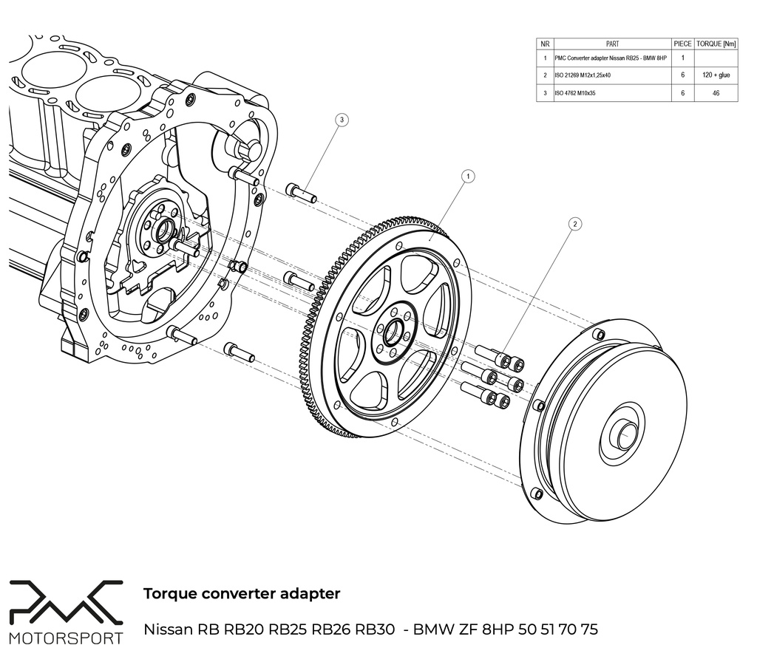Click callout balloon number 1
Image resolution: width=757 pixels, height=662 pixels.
tap(467, 176)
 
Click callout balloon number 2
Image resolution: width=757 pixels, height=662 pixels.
tap(574, 222)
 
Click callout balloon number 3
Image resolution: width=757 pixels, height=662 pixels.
tap(341, 119)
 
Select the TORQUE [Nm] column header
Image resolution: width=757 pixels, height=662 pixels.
tap(716, 44)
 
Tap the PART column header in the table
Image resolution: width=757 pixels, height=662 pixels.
tap(612, 44)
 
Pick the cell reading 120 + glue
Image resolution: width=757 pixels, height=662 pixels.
tap(716, 75)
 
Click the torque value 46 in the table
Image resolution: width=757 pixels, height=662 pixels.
tap(716, 94)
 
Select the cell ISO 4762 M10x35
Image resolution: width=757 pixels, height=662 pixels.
tap(580, 94)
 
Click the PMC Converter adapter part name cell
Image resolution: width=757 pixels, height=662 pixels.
tap(611, 58)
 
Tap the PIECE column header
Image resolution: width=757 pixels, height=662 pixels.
tap(682, 44)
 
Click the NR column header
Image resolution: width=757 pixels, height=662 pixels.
tap(545, 44)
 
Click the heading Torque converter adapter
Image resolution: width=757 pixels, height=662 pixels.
tap(242, 593)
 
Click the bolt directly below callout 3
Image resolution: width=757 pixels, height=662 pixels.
tap(301, 194)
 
